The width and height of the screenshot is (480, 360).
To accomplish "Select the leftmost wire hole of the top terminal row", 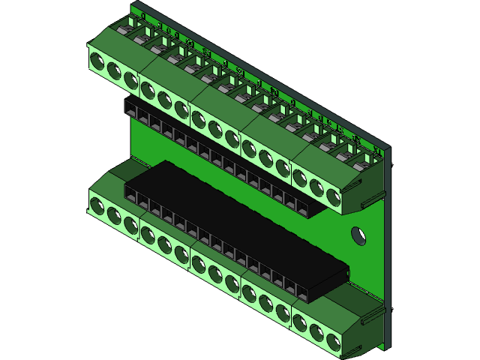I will pos(97,61).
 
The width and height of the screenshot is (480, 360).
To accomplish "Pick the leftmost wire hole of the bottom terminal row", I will pos(97,205).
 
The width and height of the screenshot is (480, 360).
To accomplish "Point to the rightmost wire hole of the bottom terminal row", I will pos(334,341).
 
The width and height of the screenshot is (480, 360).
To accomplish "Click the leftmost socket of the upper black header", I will pos(131,111).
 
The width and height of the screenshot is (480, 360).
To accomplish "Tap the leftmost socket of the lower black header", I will pos(131,197).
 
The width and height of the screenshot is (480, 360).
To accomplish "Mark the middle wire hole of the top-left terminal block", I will pos(114,70).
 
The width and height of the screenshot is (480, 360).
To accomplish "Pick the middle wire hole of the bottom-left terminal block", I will pos(114,215).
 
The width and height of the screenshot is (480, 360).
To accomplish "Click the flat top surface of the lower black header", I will pos(240,217).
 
